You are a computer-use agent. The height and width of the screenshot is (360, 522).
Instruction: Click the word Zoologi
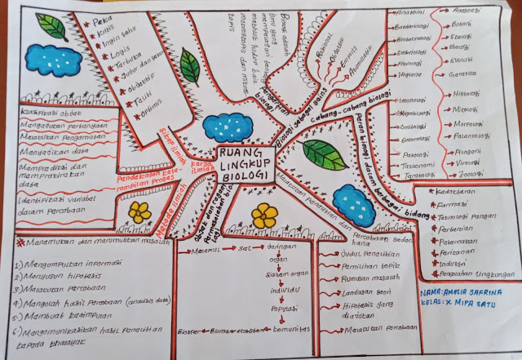467,174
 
